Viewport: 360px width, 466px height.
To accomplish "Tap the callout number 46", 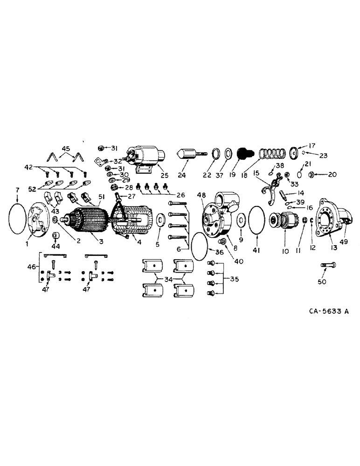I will [32, 267].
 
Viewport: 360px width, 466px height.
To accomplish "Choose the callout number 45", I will [66, 149].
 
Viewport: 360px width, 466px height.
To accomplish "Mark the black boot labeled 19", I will [243, 153].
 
